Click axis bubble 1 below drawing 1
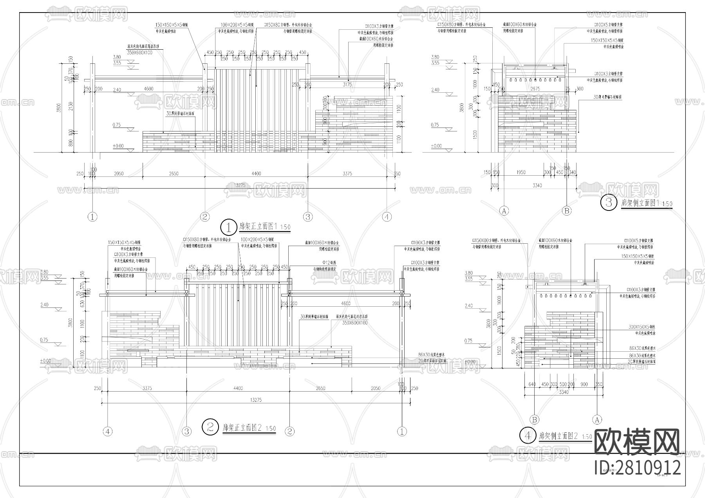pos(92,216)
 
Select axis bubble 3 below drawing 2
pos(187,431)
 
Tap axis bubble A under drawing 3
pos(504,211)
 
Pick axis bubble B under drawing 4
pos(535,420)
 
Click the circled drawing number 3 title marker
pos(609,203)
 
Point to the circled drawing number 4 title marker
pos(528,435)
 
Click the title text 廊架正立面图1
pos(258,227)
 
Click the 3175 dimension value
pos(347,84)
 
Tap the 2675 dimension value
pos(535,89)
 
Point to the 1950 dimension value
pos(521,173)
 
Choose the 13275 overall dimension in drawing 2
pos(255,400)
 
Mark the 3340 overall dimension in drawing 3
pos(537,185)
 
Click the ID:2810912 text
pos(638,467)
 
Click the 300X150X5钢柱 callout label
pos(642,327)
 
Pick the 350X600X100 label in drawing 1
pos(140,52)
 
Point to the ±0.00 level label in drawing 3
pos(436,146)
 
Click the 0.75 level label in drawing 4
pos(468,341)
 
